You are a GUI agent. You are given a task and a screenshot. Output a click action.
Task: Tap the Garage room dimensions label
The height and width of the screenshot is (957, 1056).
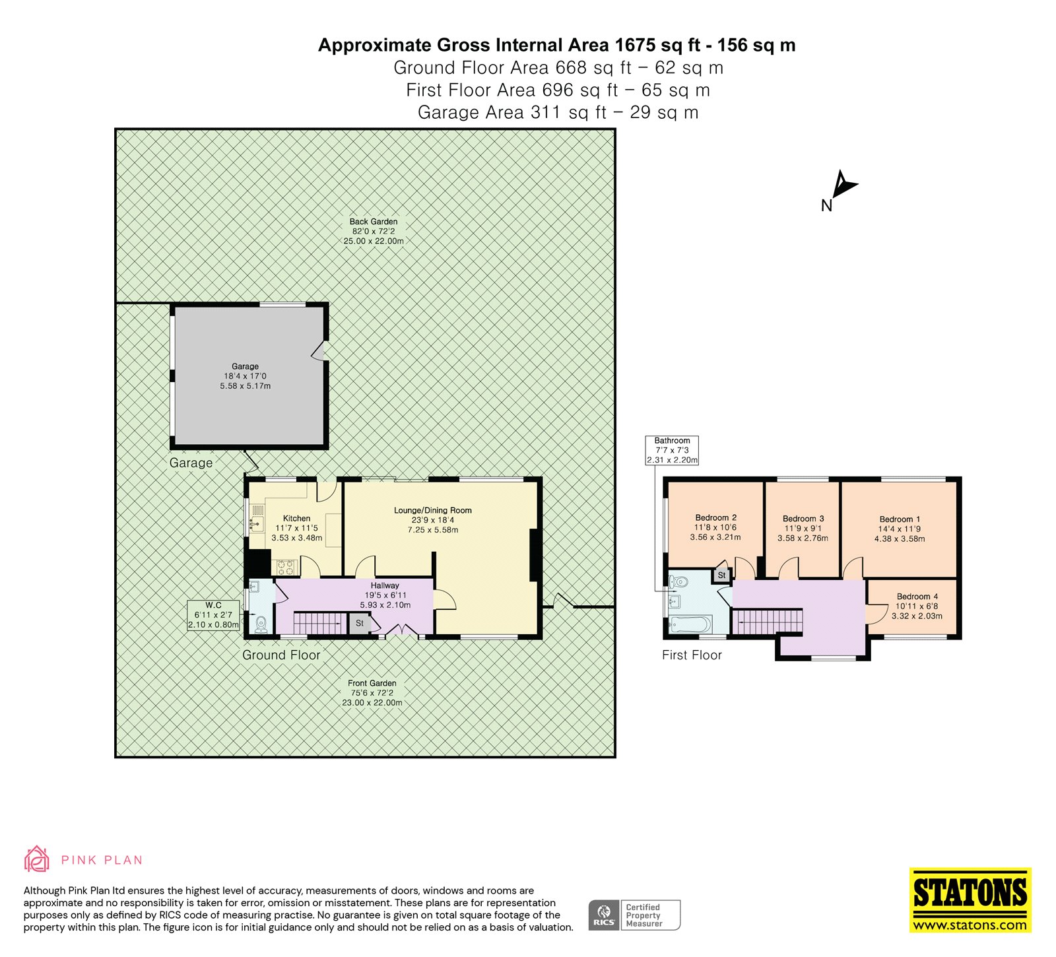[245, 376]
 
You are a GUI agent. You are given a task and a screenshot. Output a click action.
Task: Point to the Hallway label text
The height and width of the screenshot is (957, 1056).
[385, 585]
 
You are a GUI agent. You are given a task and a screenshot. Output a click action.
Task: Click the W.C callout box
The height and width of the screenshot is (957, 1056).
[213, 615]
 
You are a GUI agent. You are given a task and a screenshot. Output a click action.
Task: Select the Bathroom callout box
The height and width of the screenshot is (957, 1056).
[672, 450]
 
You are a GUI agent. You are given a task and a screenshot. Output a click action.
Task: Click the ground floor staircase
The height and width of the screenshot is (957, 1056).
[320, 623]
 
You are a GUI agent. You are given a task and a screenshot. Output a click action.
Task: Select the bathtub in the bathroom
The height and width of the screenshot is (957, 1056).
[690, 624]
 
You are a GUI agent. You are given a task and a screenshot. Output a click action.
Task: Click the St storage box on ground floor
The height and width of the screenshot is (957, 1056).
[360, 623]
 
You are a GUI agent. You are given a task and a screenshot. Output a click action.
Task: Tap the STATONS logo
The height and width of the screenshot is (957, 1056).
[970, 900]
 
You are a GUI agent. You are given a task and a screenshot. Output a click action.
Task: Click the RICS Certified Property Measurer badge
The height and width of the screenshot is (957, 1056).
[634, 915]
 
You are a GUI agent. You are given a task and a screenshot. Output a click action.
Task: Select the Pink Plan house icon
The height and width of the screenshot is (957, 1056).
[36, 859]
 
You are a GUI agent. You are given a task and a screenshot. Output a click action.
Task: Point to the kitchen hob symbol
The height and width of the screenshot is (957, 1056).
[286, 567]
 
